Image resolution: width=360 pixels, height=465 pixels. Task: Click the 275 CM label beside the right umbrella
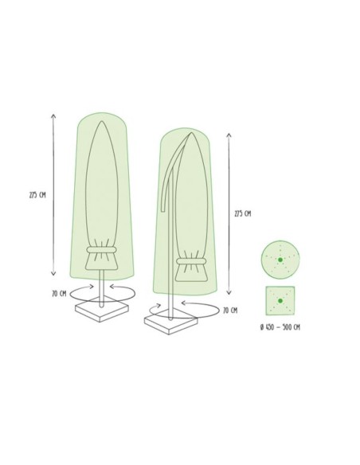click(x=242, y=213)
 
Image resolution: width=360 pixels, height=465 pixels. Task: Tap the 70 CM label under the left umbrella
click(x=58, y=293)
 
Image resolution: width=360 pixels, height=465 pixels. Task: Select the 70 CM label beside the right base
click(x=230, y=310)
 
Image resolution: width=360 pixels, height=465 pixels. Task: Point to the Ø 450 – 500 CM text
click(x=280, y=327)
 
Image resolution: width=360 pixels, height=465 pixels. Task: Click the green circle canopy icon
click(x=279, y=260)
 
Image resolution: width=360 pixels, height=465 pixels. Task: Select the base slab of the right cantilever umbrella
click(x=170, y=324)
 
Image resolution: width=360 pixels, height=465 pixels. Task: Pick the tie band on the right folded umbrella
click(x=189, y=262)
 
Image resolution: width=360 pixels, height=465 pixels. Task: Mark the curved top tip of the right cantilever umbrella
click(x=192, y=134)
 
